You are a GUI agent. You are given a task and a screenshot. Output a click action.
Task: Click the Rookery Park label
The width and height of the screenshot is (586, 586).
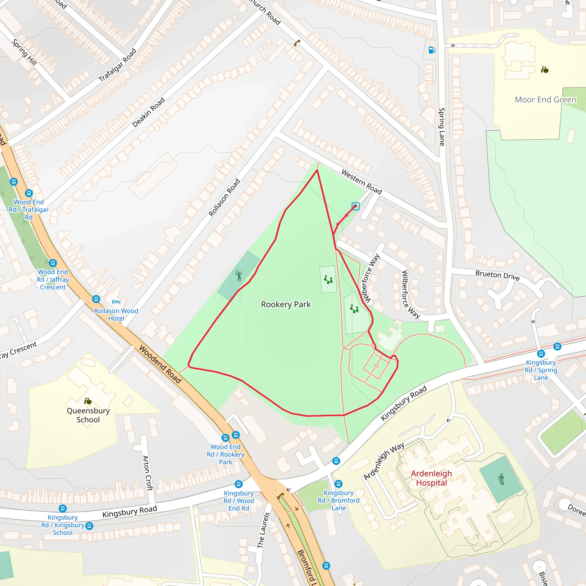(286, 304)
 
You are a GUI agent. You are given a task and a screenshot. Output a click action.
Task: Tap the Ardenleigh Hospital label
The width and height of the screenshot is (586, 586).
(431, 478)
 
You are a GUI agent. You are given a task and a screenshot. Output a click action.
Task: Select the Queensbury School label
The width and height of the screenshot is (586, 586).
(88, 415)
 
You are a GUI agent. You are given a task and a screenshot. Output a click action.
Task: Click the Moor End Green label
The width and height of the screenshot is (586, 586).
(545, 100)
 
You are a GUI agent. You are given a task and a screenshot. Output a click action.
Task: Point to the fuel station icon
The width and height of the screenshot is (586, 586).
(432, 50)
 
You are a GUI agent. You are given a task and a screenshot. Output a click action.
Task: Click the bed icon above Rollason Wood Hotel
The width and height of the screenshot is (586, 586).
(116, 302)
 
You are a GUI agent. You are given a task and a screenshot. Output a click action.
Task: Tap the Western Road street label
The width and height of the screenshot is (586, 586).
(362, 182)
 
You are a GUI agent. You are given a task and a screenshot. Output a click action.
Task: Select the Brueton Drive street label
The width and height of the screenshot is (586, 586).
(497, 275)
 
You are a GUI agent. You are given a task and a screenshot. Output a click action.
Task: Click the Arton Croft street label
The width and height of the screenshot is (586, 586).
(148, 473)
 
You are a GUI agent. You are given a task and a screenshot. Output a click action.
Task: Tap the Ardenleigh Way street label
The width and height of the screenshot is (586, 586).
(384, 461)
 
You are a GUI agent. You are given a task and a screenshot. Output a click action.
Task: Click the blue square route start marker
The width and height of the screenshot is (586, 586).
(355, 206)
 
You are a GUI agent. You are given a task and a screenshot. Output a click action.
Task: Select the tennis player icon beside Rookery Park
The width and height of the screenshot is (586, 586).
(239, 276)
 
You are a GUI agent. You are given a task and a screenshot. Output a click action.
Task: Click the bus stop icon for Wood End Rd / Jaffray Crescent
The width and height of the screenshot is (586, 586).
(53, 263)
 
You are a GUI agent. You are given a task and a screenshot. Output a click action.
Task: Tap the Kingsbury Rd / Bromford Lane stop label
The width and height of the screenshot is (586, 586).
(338, 500)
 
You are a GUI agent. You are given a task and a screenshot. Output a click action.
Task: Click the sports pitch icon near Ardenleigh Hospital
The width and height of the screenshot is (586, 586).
(501, 479)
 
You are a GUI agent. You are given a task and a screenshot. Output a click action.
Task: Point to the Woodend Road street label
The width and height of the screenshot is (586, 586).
(160, 364)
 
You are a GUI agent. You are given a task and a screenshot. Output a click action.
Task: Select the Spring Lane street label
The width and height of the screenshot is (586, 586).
(442, 127)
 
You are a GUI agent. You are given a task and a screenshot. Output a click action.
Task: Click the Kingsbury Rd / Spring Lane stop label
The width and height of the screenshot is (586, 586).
(541, 370)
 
